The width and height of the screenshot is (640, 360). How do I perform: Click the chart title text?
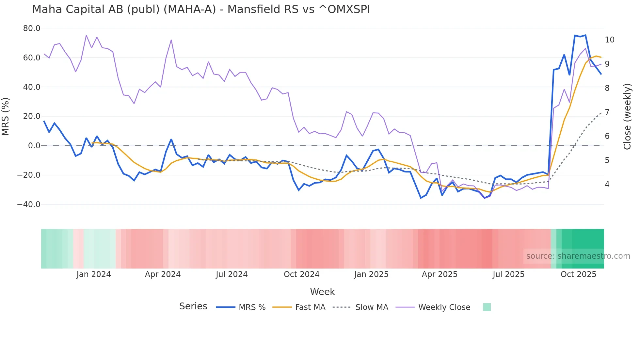pyautogui.click(x=201, y=9)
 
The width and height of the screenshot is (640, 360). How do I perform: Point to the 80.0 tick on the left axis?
pyautogui.click(x=32, y=28)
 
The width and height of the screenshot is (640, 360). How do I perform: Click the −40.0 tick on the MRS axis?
pyautogui.click(x=29, y=205)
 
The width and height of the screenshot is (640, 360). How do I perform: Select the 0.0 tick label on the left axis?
pyautogui.click(x=34, y=146)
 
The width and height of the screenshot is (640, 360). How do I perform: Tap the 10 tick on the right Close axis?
pyautogui.click(x=609, y=40)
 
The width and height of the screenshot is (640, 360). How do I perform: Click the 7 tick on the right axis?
pyautogui.click(x=607, y=112)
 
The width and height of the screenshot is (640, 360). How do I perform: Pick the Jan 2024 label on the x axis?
pyautogui.click(x=94, y=274)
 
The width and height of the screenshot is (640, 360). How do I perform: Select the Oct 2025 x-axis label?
pyautogui.click(x=578, y=274)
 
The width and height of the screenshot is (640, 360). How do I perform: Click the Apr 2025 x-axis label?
pyautogui.click(x=440, y=274)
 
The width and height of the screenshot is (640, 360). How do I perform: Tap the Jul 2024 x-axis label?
pyautogui.click(x=232, y=274)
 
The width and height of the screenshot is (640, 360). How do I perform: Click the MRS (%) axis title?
pyautogui.click(x=6, y=116)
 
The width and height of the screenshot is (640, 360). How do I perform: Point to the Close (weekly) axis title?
pyautogui.click(x=627, y=116)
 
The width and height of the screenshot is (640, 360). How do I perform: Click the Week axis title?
pyautogui.click(x=322, y=292)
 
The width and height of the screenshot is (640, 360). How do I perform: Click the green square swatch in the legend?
pyautogui.click(x=487, y=307)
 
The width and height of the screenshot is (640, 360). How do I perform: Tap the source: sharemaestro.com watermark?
pyautogui.click(x=578, y=256)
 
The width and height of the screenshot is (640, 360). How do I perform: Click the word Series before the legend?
pyautogui.click(x=193, y=306)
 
